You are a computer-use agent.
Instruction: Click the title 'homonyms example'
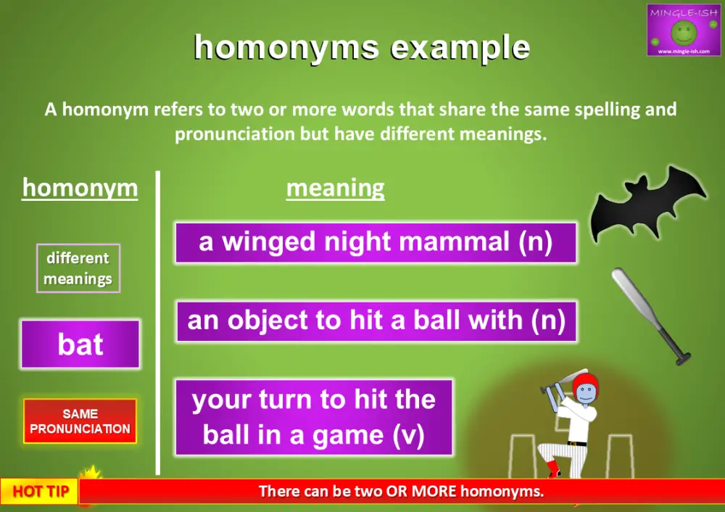(362, 48)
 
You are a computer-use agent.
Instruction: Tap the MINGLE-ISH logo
(683, 30)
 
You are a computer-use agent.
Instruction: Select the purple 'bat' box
(80, 344)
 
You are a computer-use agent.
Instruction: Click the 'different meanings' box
(78, 268)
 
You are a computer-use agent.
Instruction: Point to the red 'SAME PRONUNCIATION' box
(80, 421)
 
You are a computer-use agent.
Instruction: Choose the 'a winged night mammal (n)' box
(376, 242)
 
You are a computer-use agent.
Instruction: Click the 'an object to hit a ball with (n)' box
(376, 321)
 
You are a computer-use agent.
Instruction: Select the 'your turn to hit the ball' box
(314, 417)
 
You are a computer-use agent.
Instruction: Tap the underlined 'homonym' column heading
(80, 188)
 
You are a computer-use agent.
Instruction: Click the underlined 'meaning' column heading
(335, 189)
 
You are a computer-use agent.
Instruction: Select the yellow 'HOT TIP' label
(41, 492)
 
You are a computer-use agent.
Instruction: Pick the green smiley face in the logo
(683, 31)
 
